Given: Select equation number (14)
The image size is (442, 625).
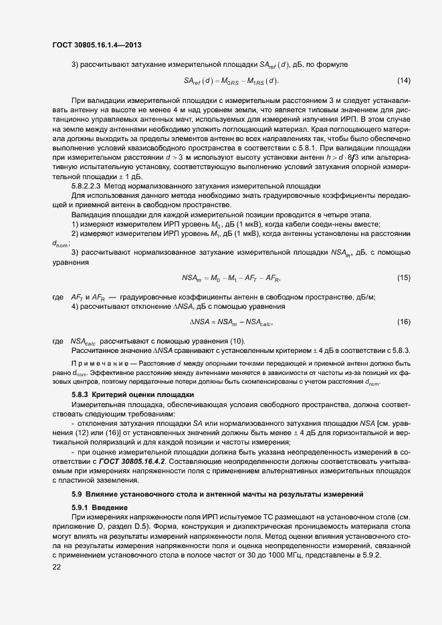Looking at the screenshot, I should (404, 81).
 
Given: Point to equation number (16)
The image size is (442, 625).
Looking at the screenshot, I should (404, 322).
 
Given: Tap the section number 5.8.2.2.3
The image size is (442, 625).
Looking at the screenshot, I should (90, 185).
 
